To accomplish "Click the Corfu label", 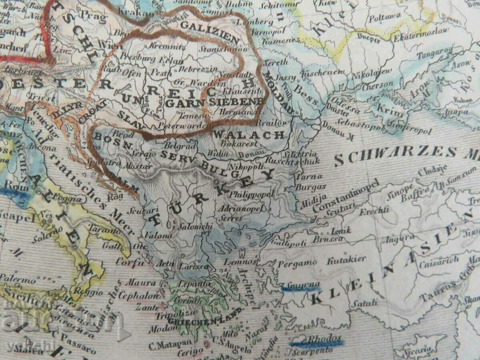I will [130, 263].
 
